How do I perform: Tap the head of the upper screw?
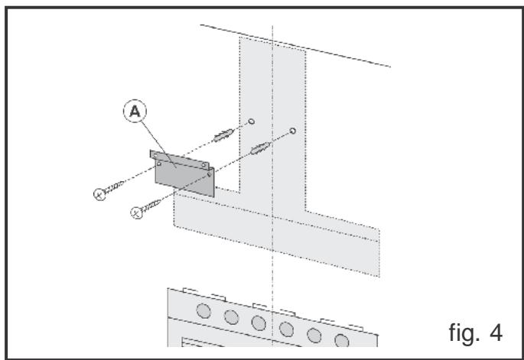click(x=99, y=194)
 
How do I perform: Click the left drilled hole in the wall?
click(x=251, y=121)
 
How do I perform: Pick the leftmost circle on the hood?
click(x=204, y=311)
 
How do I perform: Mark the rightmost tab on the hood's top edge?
click(x=330, y=319)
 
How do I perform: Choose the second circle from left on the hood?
click(x=231, y=316)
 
